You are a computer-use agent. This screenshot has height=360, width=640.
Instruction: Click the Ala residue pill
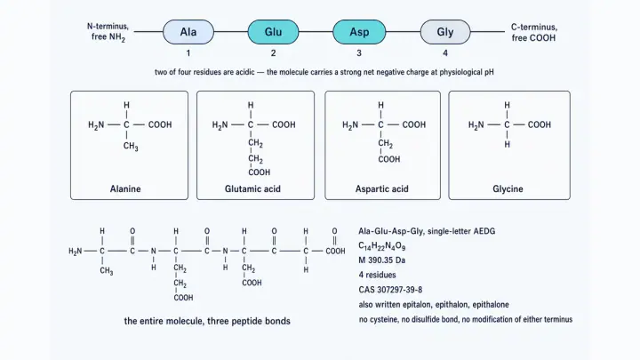[x=188, y=32]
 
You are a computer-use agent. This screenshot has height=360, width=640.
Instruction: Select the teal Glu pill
[x=273, y=32]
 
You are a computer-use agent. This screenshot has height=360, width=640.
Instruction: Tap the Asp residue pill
[x=359, y=32]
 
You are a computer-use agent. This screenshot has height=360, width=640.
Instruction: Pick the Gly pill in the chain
[x=445, y=32]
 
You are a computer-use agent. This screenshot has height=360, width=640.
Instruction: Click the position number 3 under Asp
[x=359, y=53]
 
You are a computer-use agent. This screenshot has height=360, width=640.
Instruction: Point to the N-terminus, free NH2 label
[x=108, y=32]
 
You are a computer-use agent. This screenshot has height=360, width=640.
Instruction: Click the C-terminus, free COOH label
[x=534, y=32]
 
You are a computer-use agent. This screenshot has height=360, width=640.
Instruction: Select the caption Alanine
[x=125, y=189]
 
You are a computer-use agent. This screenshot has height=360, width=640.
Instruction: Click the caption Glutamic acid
[x=252, y=189]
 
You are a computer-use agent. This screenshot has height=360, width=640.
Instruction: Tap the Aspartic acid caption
[x=381, y=189]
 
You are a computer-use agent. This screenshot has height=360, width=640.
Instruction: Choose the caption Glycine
[x=508, y=189]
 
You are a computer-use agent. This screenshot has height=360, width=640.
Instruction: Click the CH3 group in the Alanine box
[x=131, y=146]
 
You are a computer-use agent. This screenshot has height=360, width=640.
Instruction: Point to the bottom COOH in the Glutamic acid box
[x=260, y=172]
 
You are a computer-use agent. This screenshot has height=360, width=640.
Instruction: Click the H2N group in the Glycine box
[x=476, y=125]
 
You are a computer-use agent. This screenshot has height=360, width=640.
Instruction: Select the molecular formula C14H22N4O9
[x=381, y=246]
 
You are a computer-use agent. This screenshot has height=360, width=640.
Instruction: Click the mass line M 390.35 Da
[x=381, y=260]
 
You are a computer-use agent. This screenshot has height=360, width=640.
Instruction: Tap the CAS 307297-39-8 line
[x=390, y=290]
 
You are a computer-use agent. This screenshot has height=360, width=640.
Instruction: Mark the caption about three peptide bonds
[x=207, y=321]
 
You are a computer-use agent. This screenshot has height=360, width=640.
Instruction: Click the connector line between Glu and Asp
[x=316, y=32]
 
